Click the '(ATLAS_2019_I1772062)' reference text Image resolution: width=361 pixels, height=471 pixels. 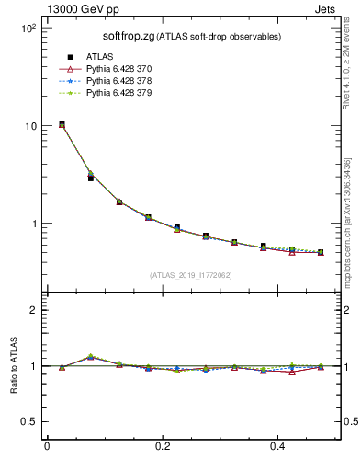(191, 275)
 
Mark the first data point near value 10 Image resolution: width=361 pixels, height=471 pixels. (62, 124)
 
